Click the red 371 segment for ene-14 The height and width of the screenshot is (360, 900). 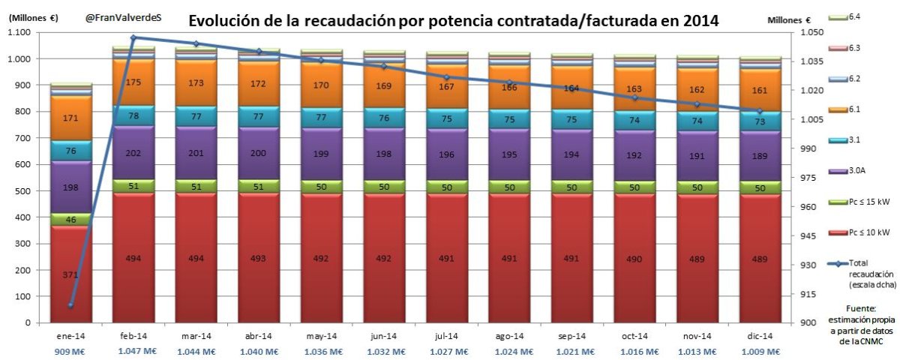pyautogui.click(x=70, y=275)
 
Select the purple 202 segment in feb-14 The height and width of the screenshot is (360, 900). pyautogui.click(x=133, y=153)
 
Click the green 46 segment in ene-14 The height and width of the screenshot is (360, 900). pyautogui.click(x=70, y=220)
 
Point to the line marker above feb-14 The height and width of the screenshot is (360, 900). pyautogui.click(x=133, y=37)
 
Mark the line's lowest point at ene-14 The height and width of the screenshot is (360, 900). pyautogui.click(x=70, y=305)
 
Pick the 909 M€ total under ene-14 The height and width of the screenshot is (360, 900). pyautogui.click(x=70, y=351)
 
